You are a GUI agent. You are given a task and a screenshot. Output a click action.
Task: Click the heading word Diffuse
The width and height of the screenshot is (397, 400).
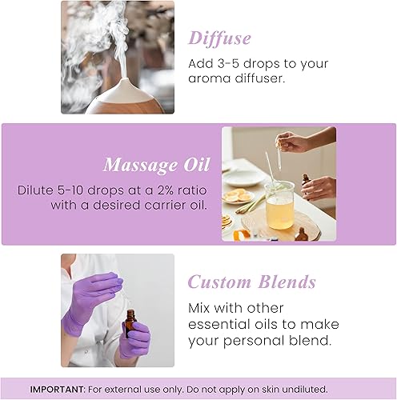[x=219, y=38]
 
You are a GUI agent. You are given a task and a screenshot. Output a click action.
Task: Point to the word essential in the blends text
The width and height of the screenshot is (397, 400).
[x=218, y=324]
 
